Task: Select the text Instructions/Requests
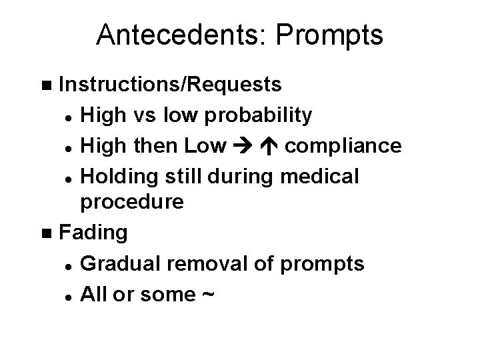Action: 170,86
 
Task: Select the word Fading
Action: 93,233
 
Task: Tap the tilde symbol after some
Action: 206,293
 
